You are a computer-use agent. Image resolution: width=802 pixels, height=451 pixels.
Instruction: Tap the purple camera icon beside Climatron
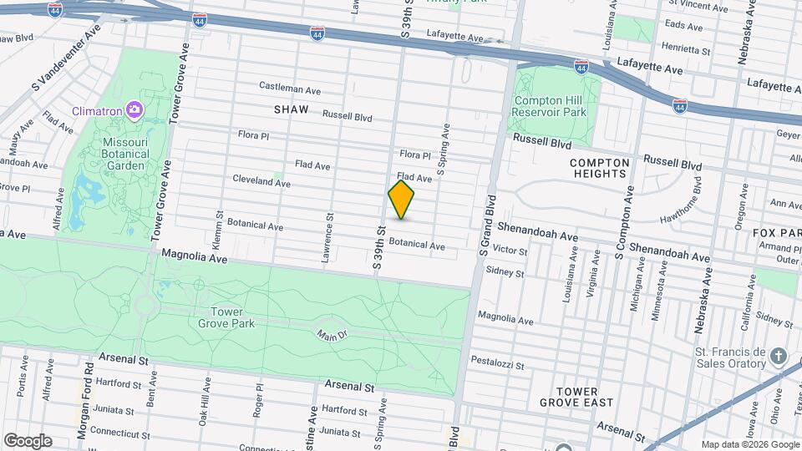[134, 109]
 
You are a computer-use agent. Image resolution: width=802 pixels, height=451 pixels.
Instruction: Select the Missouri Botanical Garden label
[124, 154]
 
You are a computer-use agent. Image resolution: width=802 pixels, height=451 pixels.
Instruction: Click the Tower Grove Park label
[221, 317]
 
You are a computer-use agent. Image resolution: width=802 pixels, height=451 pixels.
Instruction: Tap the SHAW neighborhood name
[291, 109]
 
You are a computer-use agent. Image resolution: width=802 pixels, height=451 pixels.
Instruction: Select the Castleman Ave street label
[290, 88]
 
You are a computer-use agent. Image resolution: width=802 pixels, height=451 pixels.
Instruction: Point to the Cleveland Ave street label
[261, 180]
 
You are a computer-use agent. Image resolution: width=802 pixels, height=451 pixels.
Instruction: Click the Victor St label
[510, 251]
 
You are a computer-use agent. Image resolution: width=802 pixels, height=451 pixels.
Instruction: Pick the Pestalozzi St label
[519, 366]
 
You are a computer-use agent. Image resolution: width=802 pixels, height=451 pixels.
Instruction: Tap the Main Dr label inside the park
[332, 335]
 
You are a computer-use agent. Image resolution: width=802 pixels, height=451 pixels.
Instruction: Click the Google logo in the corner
[28, 440]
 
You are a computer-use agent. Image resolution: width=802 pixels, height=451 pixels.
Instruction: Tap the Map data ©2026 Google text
[749, 444]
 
